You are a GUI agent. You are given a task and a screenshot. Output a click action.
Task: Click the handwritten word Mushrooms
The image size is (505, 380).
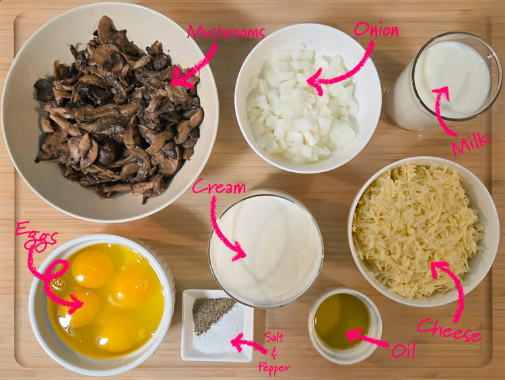[x=226, y=32]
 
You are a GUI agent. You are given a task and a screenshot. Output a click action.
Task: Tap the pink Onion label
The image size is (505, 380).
[x=376, y=30]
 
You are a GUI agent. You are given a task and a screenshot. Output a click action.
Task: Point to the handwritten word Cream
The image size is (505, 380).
[x=219, y=187]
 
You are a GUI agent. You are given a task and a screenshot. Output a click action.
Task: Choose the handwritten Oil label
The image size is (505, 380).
[x=403, y=350]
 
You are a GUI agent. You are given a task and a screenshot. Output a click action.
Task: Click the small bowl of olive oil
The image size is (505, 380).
[x=342, y=321]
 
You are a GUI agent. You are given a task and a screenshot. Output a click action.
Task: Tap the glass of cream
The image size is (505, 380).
[x=266, y=249]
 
